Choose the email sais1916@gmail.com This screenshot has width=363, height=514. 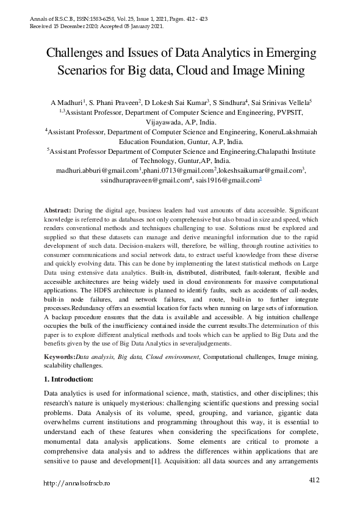(x=229, y=180)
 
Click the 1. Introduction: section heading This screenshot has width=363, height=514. (x=69, y=378)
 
